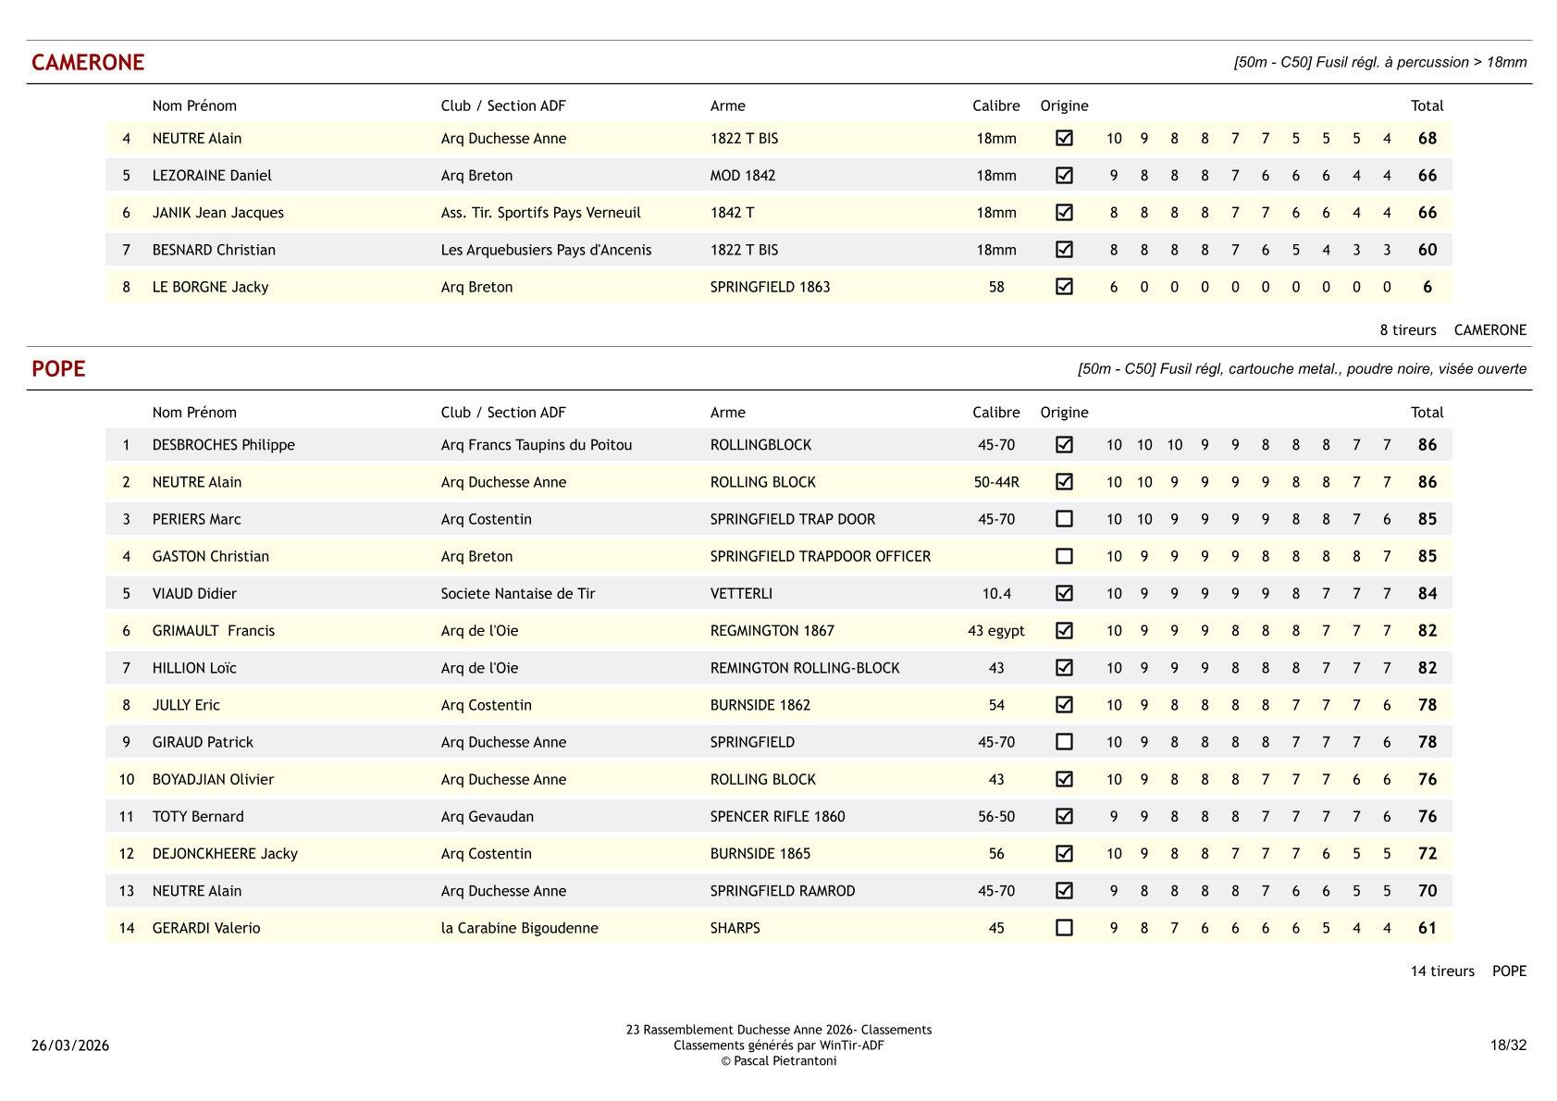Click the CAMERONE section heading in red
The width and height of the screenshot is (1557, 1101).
coord(88,62)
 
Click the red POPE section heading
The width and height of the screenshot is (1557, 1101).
coord(58,368)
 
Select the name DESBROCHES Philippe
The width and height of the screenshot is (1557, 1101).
coord(223,445)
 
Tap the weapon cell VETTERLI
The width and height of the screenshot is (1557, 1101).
coord(741,593)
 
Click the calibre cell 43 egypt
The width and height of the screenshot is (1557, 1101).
coord(995,630)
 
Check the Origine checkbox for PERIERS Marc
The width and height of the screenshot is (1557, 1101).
coord(1064,519)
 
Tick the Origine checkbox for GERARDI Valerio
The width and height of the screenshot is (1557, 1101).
coord(1064,927)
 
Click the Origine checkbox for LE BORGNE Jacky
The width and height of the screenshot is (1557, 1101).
coord(1064,287)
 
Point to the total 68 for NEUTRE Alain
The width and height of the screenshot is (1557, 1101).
coord(1427,139)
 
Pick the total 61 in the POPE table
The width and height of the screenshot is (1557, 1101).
coord(1427,928)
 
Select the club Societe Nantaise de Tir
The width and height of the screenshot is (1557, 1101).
coord(517,593)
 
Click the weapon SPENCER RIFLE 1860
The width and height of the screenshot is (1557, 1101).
coord(777,816)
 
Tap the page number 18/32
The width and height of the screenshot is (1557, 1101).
coord(1507,1045)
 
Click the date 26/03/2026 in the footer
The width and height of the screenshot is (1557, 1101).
coord(70,1045)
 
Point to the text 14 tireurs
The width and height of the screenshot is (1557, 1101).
coord(1441,971)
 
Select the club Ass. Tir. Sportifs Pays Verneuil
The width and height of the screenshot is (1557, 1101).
coord(540,213)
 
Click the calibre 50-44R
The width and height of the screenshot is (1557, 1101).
coord(995,482)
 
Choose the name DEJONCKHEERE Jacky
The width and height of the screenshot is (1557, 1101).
coord(225,853)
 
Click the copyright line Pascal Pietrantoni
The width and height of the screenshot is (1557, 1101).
coord(778,1061)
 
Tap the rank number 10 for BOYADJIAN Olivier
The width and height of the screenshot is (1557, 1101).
coord(127,779)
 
